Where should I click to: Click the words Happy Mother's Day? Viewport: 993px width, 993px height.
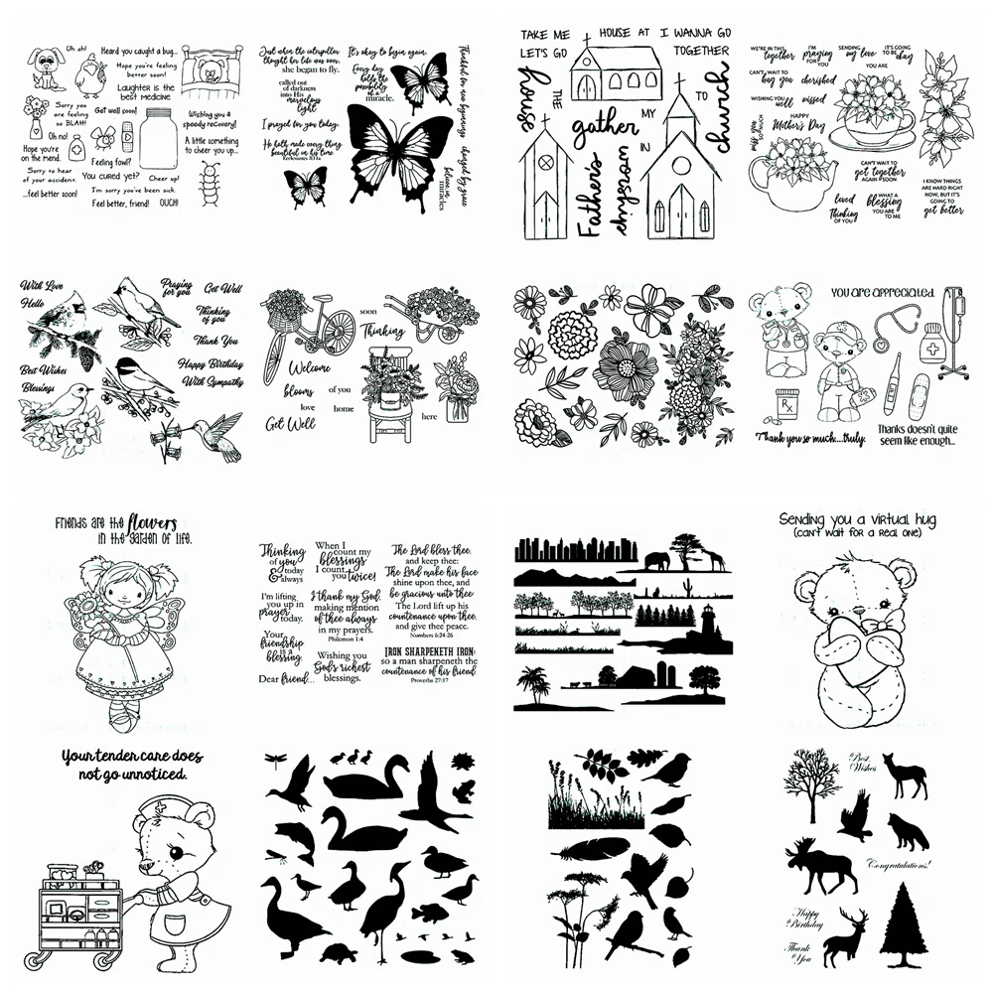tap(801, 147)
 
